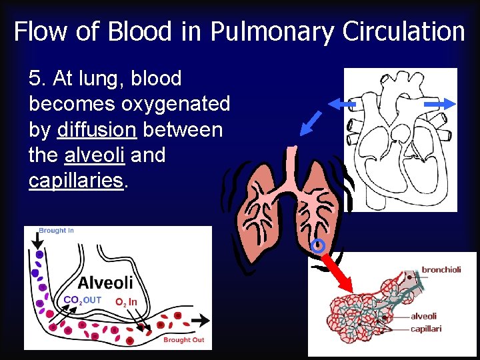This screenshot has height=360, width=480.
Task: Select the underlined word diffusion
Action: [x=97, y=129]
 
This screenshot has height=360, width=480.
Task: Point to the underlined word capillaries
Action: [x=76, y=181]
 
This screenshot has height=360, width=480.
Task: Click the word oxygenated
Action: [x=176, y=104]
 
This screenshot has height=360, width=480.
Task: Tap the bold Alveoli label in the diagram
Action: [x=105, y=283]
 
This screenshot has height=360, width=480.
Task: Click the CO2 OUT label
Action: [x=82, y=300]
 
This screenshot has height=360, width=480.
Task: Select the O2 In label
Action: [x=126, y=302]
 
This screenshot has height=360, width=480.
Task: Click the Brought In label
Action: [x=56, y=231]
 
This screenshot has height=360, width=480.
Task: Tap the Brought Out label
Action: [x=183, y=340]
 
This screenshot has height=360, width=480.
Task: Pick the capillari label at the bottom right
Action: [x=426, y=329]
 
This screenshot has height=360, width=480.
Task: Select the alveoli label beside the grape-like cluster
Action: [x=424, y=317]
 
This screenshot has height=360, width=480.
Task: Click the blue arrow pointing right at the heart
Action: [x=439, y=104]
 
